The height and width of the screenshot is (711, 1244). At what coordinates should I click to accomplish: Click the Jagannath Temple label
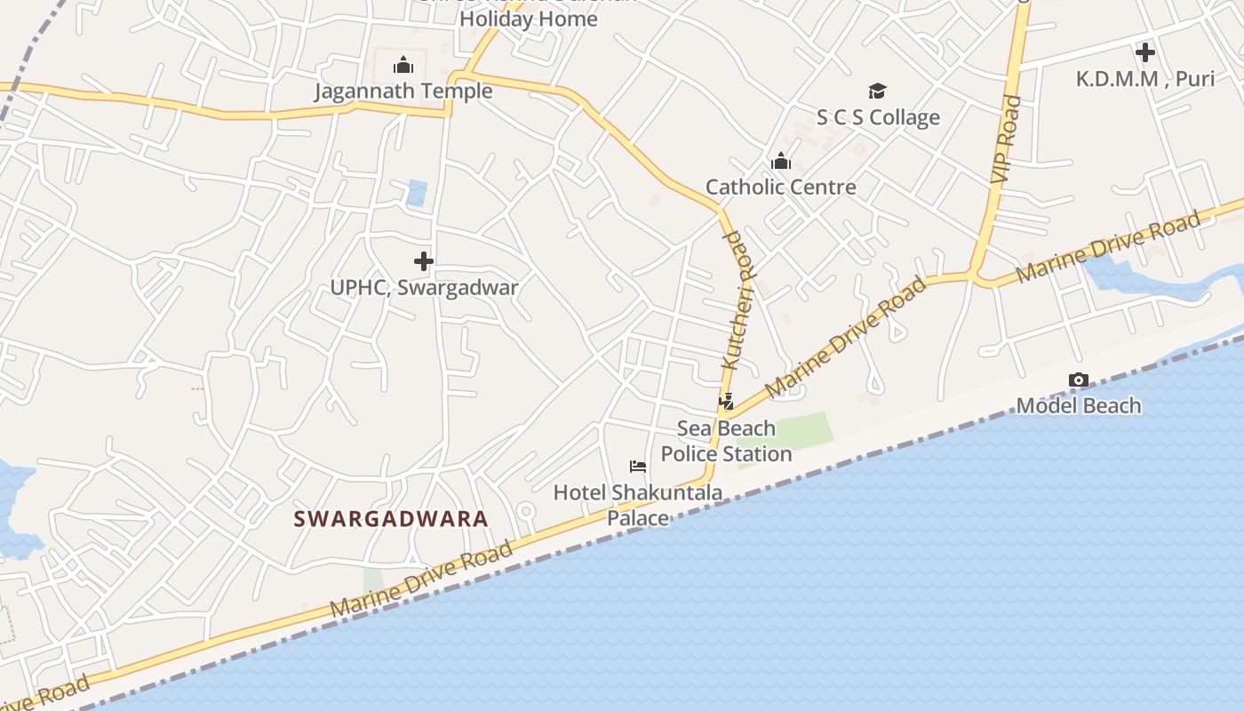click(403, 91)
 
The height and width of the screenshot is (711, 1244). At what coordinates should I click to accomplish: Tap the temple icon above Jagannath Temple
click(403, 65)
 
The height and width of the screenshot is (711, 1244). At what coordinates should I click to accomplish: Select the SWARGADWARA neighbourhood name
click(391, 518)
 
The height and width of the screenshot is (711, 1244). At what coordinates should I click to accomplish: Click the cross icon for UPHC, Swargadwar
click(424, 261)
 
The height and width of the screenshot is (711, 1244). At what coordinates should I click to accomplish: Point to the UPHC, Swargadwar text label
click(424, 287)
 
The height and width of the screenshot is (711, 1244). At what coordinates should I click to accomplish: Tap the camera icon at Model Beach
click(1078, 380)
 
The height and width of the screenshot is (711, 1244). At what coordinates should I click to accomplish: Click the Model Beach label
click(1078, 405)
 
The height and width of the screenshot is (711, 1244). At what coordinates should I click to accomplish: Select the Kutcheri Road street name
click(738, 300)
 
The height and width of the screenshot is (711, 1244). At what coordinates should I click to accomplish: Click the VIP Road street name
click(1006, 140)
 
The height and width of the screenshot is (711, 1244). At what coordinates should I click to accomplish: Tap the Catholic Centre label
click(780, 187)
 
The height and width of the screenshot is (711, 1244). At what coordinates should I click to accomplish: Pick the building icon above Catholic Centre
click(781, 161)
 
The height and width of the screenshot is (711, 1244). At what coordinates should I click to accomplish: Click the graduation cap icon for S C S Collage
click(877, 91)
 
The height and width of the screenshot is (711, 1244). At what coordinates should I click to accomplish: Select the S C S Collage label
click(877, 117)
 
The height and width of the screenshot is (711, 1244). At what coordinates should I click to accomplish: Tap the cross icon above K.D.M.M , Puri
click(1144, 52)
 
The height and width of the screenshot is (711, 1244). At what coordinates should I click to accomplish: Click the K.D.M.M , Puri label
click(1144, 78)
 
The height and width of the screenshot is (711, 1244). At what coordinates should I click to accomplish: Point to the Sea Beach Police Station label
click(726, 441)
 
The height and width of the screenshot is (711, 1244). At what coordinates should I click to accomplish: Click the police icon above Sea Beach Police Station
click(726, 402)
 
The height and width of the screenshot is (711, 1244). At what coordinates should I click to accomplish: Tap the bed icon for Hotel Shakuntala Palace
click(637, 466)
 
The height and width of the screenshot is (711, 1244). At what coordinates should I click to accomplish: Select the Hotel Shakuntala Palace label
click(637, 504)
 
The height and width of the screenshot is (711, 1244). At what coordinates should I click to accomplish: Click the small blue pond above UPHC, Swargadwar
click(416, 193)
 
